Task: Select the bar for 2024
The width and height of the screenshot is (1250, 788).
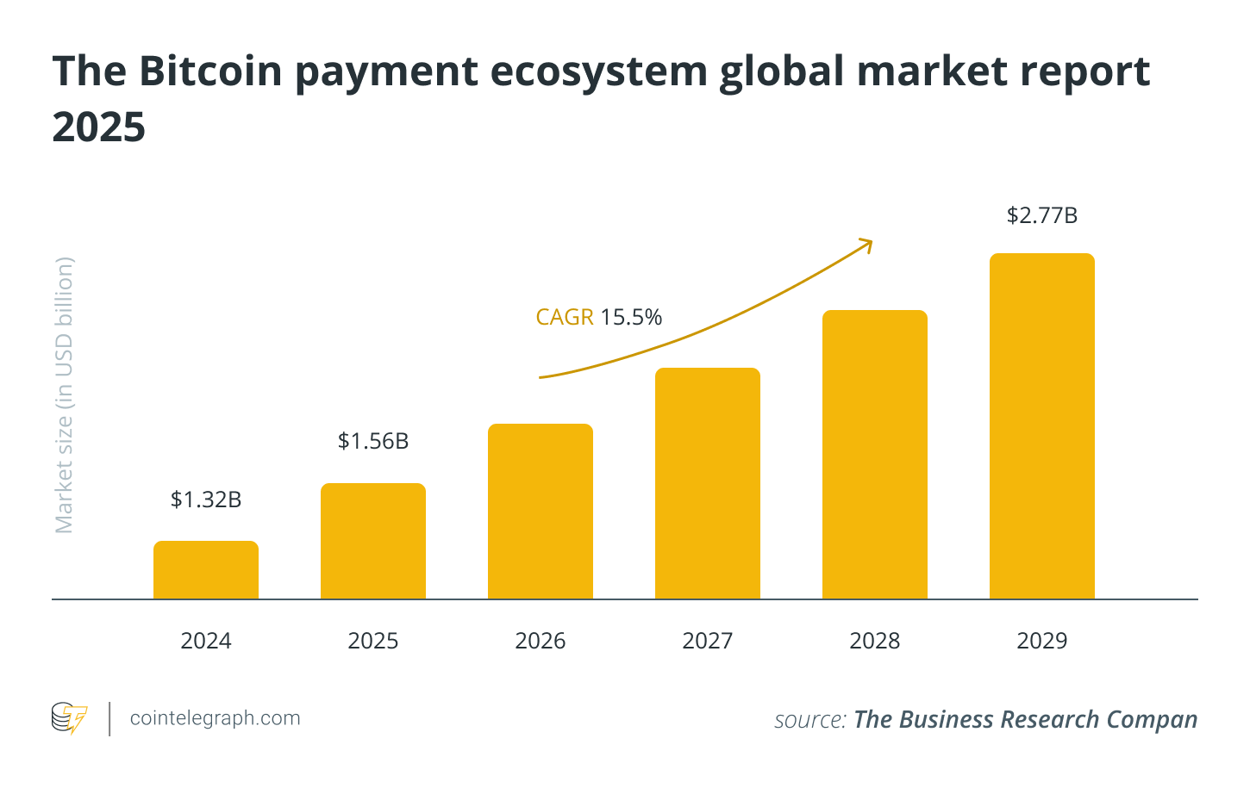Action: click(x=206, y=570)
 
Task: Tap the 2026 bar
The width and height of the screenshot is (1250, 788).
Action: click(x=541, y=512)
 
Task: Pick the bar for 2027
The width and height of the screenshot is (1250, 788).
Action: click(x=708, y=483)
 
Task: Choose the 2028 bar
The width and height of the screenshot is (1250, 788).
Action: click(x=875, y=455)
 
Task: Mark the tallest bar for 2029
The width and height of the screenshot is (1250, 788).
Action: click(x=1042, y=426)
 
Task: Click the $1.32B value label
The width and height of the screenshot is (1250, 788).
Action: click(x=206, y=499)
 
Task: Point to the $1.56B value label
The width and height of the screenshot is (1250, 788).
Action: click(x=373, y=441)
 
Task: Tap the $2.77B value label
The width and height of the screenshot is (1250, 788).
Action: click(x=1042, y=215)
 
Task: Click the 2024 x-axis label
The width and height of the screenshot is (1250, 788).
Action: click(x=206, y=641)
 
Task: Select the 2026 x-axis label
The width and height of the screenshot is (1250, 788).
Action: click(x=541, y=641)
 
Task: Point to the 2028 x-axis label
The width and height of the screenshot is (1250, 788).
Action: click(x=875, y=641)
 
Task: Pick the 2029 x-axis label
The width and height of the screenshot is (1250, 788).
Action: click(x=1042, y=641)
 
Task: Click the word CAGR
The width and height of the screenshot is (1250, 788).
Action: click(x=565, y=318)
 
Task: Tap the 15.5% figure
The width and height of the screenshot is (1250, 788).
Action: click(x=631, y=318)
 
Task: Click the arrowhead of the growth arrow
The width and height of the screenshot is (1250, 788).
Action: click(x=866, y=245)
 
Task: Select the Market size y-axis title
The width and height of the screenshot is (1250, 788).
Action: click(x=65, y=394)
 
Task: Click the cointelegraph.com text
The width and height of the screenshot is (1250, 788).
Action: click(x=215, y=718)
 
